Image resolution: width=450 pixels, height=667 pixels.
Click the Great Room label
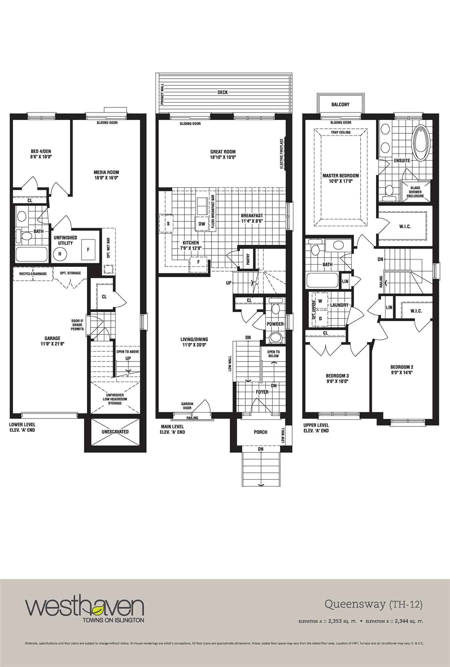point(223,152)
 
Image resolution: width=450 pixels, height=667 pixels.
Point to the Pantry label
point(248,259)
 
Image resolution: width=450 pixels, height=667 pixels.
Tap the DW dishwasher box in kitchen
point(202,224)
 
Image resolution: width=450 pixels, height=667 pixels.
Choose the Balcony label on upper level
point(340,104)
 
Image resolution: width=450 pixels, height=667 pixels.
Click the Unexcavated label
point(115,432)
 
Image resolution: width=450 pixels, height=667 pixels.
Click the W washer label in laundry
point(320,301)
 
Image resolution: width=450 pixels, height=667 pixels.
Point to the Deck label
point(223,92)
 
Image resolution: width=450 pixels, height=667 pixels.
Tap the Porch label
point(260,432)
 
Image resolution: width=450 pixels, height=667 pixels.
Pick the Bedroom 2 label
point(402,367)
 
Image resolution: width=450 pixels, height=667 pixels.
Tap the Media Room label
point(106,172)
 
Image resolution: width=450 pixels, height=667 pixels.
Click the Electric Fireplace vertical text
point(281,153)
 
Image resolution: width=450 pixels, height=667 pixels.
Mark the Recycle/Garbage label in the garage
point(33,273)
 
